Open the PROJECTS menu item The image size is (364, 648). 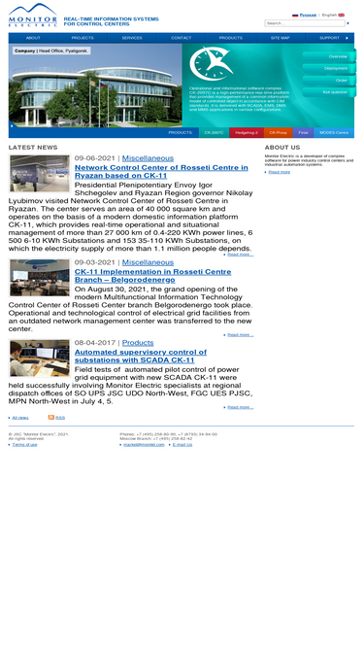point(83,38)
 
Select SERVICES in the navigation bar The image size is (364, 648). point(132,38)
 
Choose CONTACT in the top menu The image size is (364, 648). point(181,38)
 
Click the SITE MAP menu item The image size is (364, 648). point(280,38)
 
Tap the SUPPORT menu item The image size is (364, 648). point(329,38)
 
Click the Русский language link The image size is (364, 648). point(307,15)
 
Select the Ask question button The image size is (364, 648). point(334,92)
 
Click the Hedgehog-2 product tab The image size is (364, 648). point(247,132)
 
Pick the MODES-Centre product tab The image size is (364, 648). point(334,132)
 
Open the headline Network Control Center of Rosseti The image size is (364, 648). point(161,172)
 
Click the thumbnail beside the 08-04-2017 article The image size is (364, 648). point(39,358)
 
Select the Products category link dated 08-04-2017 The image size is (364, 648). point(138,342)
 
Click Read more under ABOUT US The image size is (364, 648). point(279,172)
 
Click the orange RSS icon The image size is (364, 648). point(50,417)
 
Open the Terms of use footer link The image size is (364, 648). point(24,444)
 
